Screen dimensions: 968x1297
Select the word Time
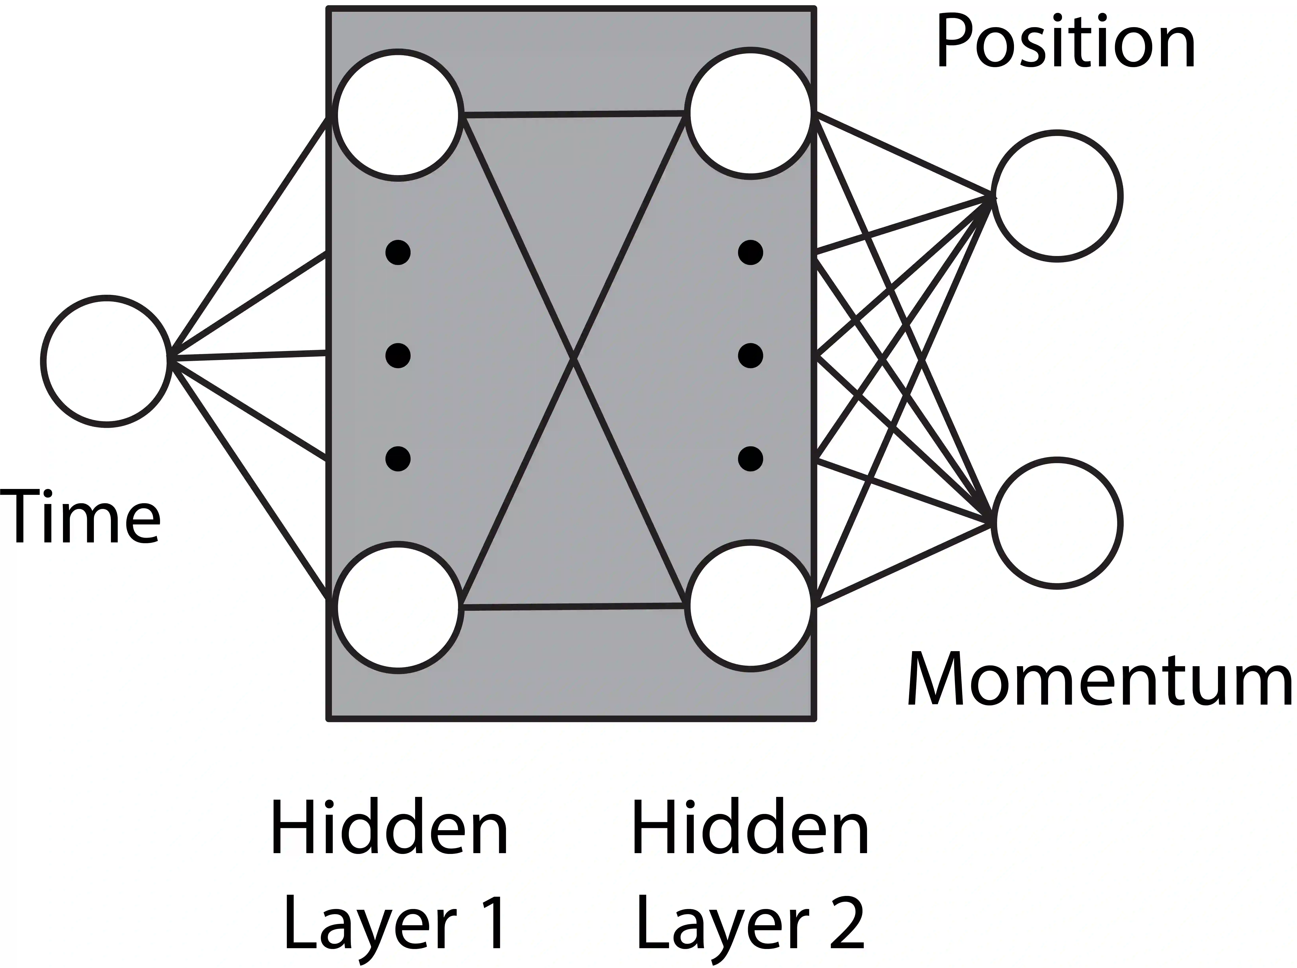(x=80, y=517)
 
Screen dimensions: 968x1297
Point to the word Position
(x=1065, y=43)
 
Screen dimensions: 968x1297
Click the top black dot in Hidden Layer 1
(x=398, y=252)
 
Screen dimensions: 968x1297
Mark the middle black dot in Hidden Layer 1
(x=398, y=356)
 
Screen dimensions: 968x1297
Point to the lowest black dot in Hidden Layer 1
(x=398, y=458)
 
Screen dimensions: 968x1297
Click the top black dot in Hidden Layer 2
(x=750, y=252)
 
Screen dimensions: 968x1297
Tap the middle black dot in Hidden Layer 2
(x=750, y=356)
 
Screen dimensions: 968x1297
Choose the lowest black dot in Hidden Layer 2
(x=750, y=458)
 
